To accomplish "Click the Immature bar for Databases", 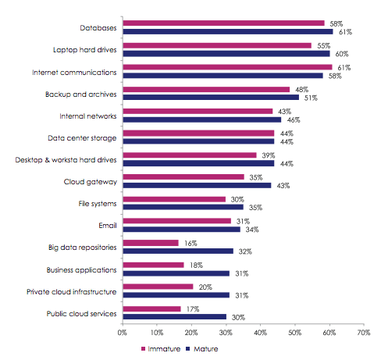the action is (x=223, y=23).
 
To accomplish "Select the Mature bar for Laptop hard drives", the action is (x=226, y=54).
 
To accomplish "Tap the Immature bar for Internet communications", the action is (x=227, y=67).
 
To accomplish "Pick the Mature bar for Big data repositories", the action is (x=178, y=251).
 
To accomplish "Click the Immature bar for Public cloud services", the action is (x=151, y=308).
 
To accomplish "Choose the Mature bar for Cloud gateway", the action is (x=197, y=185).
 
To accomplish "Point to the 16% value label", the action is (x=190, y=244).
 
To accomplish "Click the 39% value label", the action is (x=269, y=155).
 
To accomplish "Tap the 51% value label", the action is (x=311, y=98).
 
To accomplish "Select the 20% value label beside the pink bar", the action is (x=205, y=287).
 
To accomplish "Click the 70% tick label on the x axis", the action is (x=364, y=333).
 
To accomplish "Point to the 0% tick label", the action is (x=122, y=333).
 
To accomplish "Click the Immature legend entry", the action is (x=161, y=349).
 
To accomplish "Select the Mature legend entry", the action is (x=202, y=349).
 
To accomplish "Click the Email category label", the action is (x=108, y=226).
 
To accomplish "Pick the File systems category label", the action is (x=98, y=204).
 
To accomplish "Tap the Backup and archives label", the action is (x=80, y=94).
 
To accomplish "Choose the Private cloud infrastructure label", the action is (x=71, y=292).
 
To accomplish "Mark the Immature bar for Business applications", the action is (x=153, y=265).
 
